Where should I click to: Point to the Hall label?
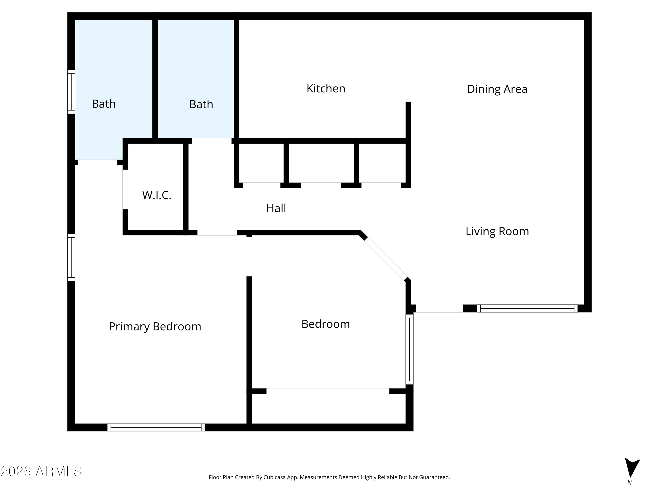(x=276, y=208)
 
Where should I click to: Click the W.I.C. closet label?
(x=156, y=195)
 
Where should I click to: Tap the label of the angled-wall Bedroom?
(x=326, y=324)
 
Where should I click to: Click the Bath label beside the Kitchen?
(x=201, y=104)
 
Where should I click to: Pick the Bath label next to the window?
(x=104, y=104)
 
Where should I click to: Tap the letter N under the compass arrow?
(x=630, y=483)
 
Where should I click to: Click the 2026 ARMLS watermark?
(x=42, y=471)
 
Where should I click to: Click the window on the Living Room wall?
(x=527, y=308)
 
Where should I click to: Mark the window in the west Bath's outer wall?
(x=71, y=92)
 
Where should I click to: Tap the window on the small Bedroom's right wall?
(x=410, y=350)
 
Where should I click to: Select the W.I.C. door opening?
(x=125, y=189)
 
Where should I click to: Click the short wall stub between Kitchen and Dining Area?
(x=408, y=120)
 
